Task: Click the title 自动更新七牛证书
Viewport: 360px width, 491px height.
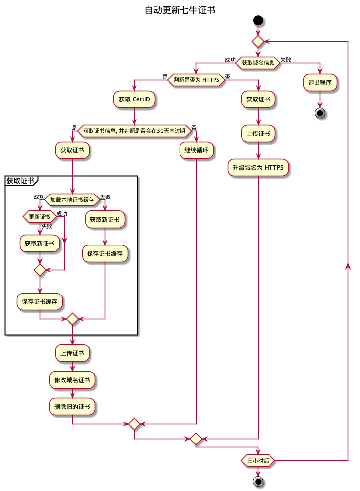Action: click(180, 10)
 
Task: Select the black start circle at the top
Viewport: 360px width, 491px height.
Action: click(258, 20)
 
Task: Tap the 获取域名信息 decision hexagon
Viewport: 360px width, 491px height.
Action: click(258, 63)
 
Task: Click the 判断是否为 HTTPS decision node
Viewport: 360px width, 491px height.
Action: click(196, 80)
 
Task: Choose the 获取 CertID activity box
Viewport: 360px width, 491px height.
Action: click(135, 99)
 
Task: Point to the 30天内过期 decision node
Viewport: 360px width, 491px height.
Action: click(135, 131)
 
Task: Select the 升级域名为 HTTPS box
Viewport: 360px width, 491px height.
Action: click(258, 168)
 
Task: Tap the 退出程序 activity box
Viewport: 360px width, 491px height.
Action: click(320, 82)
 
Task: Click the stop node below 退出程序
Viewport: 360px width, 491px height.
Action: click(320, 113)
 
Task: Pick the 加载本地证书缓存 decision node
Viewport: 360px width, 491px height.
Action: click(72, 200)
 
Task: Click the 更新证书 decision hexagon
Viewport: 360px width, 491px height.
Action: click(40, 216)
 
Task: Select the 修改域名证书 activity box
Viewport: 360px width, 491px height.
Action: click(72, 380)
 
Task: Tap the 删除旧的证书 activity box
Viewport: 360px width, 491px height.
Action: click(72, 407)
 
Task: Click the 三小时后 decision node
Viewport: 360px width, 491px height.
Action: click(258, 460)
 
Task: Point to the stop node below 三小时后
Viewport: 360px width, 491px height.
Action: click(258, 481)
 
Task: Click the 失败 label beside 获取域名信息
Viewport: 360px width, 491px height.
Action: click(286, 60)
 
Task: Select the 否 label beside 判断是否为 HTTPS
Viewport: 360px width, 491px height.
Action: click(227, 77)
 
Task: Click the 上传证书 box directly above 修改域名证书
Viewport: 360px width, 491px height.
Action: click(72, 353)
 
